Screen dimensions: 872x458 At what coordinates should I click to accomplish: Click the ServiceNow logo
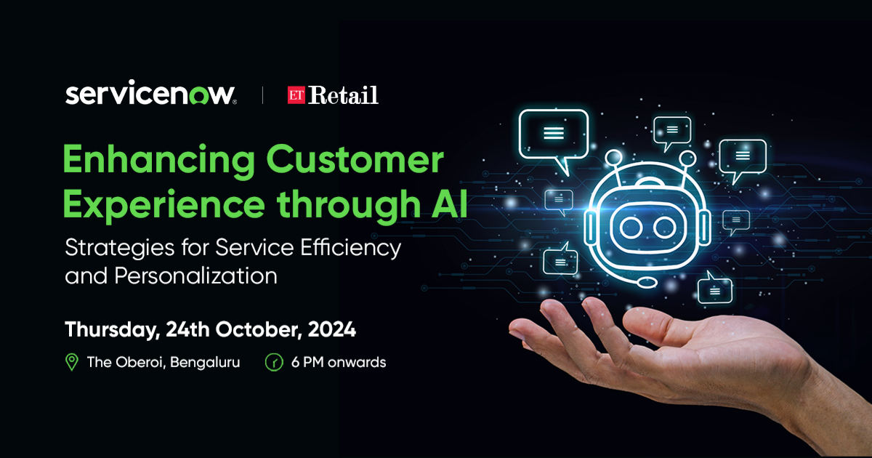click(150, 93)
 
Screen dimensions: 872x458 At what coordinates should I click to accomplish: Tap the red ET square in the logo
click(296, 95)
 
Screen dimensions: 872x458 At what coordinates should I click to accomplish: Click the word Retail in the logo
click(343, 95)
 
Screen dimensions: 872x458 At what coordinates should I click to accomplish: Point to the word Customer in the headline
click(355, 160)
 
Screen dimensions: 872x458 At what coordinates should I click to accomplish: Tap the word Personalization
click(195, 276)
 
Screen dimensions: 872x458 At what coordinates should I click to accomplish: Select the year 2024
click(331, 329)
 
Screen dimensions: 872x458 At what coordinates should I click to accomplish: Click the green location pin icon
click(72, 362)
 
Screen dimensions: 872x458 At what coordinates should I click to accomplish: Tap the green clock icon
click(274, 362)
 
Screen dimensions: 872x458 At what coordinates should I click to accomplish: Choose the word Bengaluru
click(205, 363)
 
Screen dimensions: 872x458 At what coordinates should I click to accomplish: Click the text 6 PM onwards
click(339, 362)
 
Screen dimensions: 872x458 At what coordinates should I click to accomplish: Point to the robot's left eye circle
click(631, 228)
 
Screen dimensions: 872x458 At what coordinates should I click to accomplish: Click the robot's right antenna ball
click(687, 159)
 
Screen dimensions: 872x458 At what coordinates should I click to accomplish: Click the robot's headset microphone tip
click(647, 282)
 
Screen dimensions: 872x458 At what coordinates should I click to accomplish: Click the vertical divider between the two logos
click(262, 95)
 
